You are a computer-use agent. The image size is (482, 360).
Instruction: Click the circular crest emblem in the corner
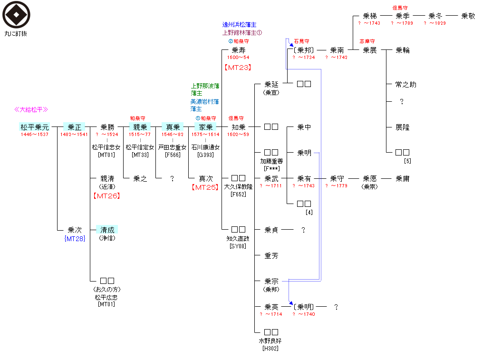(16, 15)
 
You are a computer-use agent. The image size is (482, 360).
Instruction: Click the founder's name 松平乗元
(34, 127)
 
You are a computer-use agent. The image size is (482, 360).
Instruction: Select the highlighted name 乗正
(74, 127)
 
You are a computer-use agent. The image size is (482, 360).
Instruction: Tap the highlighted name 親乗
(140, 127)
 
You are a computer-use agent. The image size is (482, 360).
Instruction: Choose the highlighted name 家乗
(205, 127)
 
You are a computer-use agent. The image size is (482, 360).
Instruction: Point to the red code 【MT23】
(238, 68)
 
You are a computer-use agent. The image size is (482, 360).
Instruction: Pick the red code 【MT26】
(107, 195)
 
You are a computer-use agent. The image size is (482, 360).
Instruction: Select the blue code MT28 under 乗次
(75, 238)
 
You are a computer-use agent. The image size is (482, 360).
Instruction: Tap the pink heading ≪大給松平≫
(31, 110)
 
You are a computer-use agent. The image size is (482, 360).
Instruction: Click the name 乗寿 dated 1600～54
(238, 50)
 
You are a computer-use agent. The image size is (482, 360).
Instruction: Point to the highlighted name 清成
(107, 230)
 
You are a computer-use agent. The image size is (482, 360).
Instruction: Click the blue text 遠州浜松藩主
(240, 25)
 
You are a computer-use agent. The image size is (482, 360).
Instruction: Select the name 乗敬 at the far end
(468, 16)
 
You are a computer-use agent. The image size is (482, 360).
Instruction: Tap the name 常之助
(405, 84)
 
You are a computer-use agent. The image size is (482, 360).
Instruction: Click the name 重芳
(271, 256)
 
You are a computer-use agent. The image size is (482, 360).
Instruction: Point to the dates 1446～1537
(34, 135)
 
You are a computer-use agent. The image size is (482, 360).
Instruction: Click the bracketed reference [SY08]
(238, 246)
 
